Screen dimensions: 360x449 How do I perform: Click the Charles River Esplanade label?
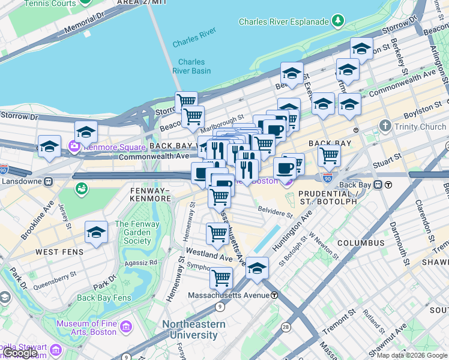pyautogui.click(x=283, y=22)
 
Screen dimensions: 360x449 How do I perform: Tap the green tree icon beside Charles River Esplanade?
pyautogui.click(x=338, y=22)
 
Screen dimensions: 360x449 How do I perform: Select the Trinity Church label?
pyautogui.click(x=420, y=127)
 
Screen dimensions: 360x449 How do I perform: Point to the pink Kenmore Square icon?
pyautogui.click(x=74, y=145)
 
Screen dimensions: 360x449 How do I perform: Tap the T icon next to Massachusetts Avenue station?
pyautogui.click(x=274, y=295)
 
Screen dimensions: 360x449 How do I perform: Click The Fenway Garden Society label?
pyautogui.click(x=133, y=233)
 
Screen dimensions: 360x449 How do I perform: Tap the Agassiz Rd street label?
pyautogui.click(x=140, y=262)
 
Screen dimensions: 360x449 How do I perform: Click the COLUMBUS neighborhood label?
pyautogui.click(x=360, y=243)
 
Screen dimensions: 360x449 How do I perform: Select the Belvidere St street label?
pyautogui.click(x=274, y=213)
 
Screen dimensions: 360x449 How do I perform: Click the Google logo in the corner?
pyautogui.click(x=20, y=353)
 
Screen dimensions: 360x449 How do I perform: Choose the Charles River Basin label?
pyautogui.click(x=191, y=66)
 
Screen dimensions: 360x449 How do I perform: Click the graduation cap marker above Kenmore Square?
pyautogui.click(x=86, y=131)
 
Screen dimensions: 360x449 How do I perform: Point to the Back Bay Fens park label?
pyautogui.click(x=104, y=298)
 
